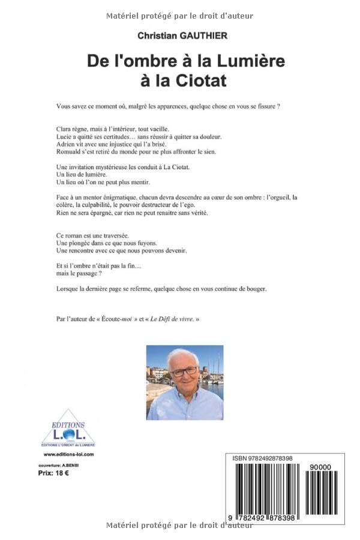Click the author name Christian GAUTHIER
pos(182,36)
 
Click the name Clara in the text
pos(65,128)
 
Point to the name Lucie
pos(65,136)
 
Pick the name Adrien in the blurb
pos(67,144)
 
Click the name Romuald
pos(71,152)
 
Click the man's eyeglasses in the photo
pos(185,371)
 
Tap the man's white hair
pos(184,355)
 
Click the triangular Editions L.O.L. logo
pos(68,428)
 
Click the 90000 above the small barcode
pos(325,467)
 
